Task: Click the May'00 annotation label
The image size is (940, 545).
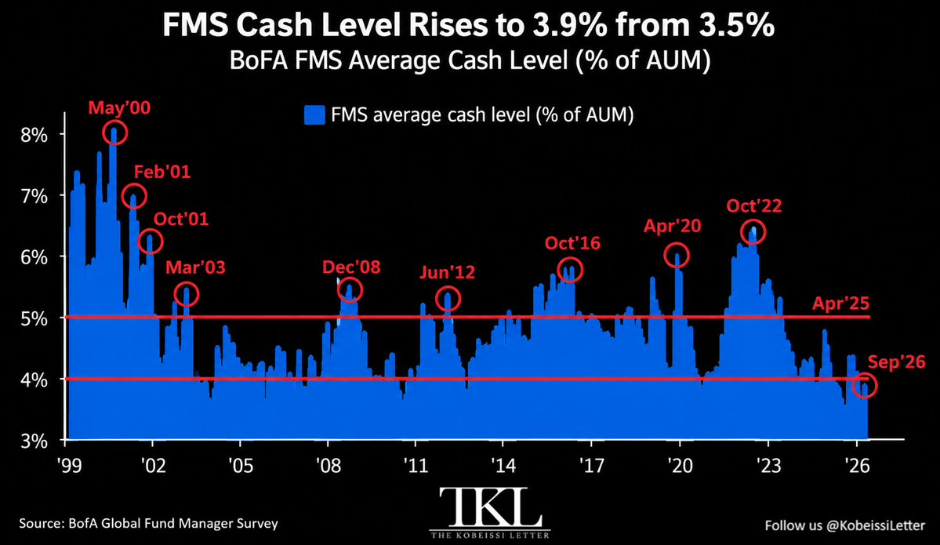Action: (x=119, y=108)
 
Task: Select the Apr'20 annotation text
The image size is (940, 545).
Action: (x=672, y=226)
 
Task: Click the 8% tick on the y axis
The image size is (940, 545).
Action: (x=34, y=135)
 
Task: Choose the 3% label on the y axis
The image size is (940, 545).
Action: (x=34, y=441)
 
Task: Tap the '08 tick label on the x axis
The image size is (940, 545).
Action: (x=328, y=465)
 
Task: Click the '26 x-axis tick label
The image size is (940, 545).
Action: (x=857, y=465)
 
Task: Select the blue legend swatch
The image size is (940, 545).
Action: (x=314, y=114)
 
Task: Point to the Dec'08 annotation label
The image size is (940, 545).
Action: (x=351, y=267)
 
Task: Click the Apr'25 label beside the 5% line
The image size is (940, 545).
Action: (x=840, y=303)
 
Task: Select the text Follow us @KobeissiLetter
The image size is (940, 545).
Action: (x=844, y=525)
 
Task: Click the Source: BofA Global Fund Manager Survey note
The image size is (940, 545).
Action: (x=149, y=523)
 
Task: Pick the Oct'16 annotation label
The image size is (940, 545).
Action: (x=572, y=243)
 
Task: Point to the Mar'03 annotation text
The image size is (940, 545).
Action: (x=195, y=267)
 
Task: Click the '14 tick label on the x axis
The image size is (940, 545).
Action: (x=503, y=465)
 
